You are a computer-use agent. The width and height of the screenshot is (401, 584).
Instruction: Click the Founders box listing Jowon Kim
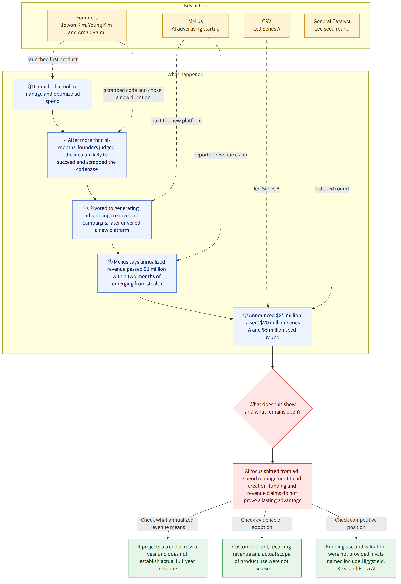(x=87, y=25)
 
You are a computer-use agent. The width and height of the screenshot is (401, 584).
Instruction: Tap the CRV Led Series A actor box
(x=266, y=25)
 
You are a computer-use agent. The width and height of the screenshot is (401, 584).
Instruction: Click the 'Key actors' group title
(x=196, y=6)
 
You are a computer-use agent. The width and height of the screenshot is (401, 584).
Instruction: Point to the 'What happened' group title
(x=185, y=74)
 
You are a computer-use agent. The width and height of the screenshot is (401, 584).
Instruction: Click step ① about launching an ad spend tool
(x=52, y=94)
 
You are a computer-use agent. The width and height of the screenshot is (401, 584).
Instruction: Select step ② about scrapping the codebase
(x=87, y=155)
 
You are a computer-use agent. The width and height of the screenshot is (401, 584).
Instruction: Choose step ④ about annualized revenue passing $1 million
(x=137, y=273)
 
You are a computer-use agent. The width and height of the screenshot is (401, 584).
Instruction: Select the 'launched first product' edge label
(x=52, y=60)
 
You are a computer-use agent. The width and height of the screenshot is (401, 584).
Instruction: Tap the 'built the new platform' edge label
(x=176, y=121)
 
